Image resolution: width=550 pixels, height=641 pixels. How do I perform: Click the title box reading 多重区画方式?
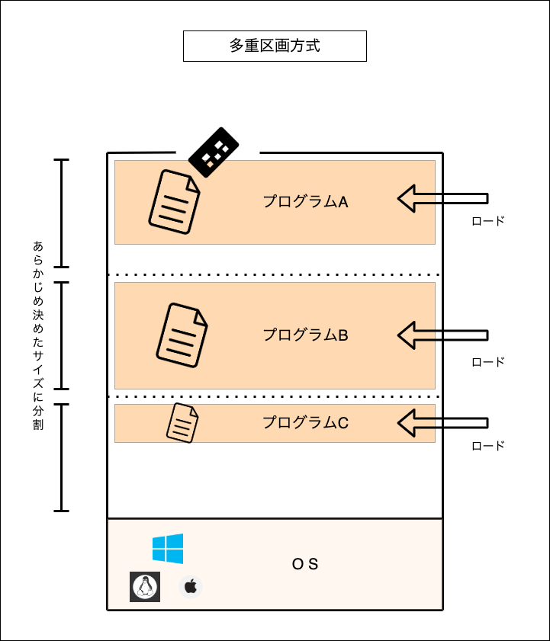(275, 46)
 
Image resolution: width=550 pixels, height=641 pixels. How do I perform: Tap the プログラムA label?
(305, 201)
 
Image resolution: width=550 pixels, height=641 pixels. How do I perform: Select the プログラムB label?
(305, 335)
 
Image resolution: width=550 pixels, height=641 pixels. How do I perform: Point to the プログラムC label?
(305, 422)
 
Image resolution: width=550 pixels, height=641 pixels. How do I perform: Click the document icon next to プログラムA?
(175, 202)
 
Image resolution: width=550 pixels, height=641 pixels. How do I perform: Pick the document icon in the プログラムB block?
(182, 335)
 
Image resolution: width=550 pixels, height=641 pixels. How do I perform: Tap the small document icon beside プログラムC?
(182, 423)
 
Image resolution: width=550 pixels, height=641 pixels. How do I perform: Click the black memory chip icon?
(213, 152)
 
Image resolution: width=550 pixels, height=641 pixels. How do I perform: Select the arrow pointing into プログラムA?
(442, 199)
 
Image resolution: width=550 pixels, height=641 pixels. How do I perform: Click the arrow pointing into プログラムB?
(442, 335)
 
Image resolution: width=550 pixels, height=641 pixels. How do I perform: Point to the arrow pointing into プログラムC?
(442, 423)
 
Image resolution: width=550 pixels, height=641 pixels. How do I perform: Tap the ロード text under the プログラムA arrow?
(488, 221)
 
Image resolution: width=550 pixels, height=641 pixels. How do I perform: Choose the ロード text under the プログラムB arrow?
(488, 362)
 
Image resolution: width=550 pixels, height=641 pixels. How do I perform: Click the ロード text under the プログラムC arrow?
(488, 446)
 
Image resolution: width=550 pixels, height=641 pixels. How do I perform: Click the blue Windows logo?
(168, 549)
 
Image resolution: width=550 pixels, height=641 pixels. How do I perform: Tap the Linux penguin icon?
(145, 587)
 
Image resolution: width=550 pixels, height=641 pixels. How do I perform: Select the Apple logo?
(191, 587)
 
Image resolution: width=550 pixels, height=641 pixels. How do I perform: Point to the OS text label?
(305, 564)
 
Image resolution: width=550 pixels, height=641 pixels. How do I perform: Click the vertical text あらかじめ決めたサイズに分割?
(38, 335)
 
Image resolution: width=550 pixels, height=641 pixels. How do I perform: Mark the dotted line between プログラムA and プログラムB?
(275, 274)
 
